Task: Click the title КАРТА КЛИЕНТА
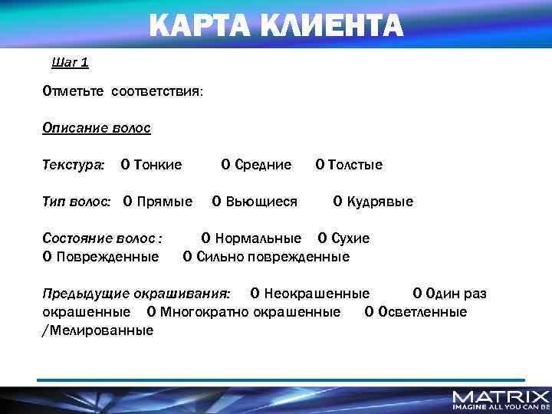coord(275,25)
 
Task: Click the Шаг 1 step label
coord(69,62)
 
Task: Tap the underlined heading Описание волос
coord(97,128)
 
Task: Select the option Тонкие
coord(152,165)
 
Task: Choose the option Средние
coord(257,165)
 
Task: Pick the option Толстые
coord(350,165)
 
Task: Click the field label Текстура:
coord(74,165)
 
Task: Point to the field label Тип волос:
coord(77,202)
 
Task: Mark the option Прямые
coord(158,202)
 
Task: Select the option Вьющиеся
coord(255,202)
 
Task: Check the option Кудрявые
coord(373,202)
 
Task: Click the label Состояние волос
coord(102,238)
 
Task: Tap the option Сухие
coord(344,238)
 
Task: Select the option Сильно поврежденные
coord(266,257)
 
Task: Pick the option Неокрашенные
coord(310,294)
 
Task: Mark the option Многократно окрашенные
coord(244,312)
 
